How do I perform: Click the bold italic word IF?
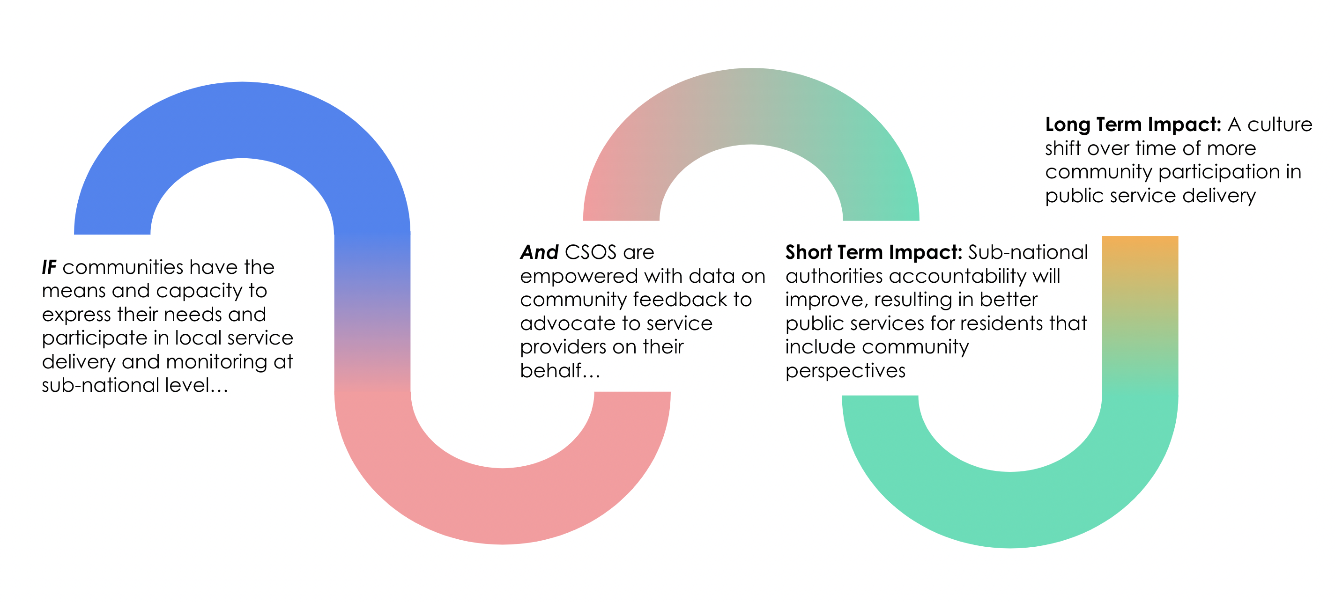point(49,267)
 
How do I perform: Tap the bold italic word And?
point(539,252)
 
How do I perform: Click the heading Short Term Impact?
point(873,252)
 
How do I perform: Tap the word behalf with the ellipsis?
point(560,370)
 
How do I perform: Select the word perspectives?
point(845,371)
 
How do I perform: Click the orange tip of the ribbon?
point(1140,249)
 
